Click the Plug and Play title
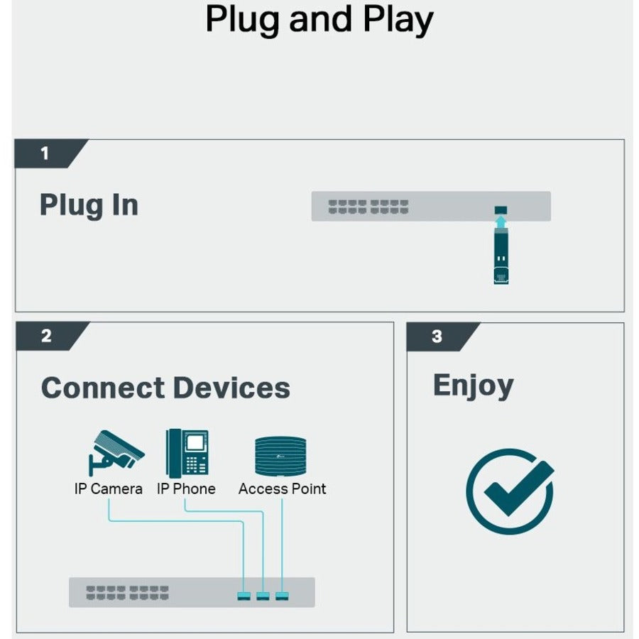click(319, 19)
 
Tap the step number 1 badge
click(50, 153)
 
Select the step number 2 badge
click(52, 336)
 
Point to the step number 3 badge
click(442, 337)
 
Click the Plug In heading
click(89, 205)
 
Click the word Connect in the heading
click(103, 388)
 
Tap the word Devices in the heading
click(232, 388)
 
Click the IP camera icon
click(116, 453)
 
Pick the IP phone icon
click(187, 453)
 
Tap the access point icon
click(280, 456)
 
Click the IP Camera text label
click(109, 488)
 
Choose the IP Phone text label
click(186, 488)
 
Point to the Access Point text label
click(282, 488)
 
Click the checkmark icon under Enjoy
click(510, 491)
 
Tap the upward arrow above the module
click(501, 222)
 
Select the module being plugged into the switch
click(501, 256)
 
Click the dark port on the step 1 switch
click(501, 210)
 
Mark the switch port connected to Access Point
click(282, 596)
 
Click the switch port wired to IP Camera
click(244, 596)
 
